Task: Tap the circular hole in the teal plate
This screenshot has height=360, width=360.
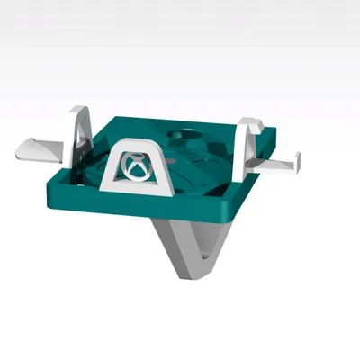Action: click(x=187, y=137)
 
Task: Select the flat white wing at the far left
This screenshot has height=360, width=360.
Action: click(x=32, y=148)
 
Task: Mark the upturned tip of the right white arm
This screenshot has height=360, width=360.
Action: click(x=297, y=159)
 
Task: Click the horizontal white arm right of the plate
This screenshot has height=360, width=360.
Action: click(x=274, y=164)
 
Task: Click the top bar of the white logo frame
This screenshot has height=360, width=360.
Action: click(x=136, y=144)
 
